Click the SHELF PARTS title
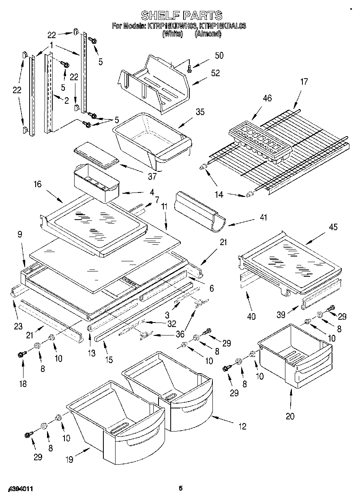coord(181,15)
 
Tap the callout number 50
coord(219,56)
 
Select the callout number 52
coord(216,73)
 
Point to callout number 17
coord(304,81)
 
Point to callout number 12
coord(242,426)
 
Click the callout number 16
coord(37,185)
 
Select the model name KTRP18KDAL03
coord(223,26)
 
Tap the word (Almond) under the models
coord(208,34)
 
